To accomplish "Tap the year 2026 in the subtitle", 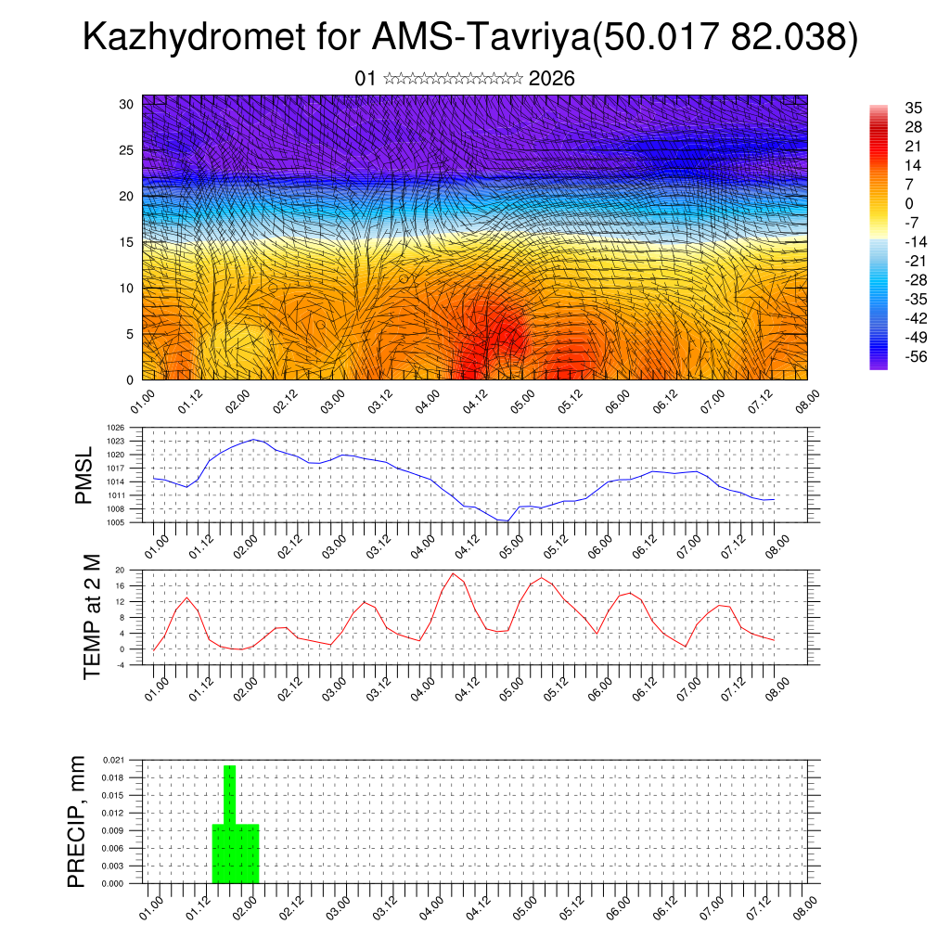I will point(552,79).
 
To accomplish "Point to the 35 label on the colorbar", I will point(913,109).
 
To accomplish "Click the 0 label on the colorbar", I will point(909,203).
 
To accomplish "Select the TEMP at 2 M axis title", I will point(92,618).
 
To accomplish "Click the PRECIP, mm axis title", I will point(77,821).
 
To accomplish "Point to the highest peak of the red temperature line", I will point(453,573).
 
